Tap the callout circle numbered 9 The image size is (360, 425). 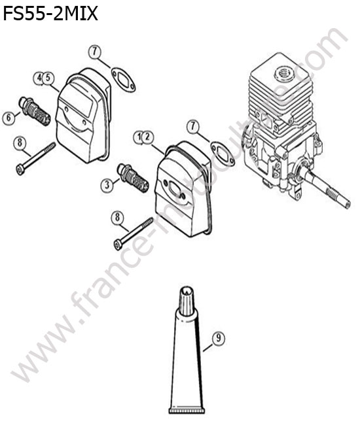[x=219, y=338]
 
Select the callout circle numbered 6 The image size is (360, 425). [x=9, y=118]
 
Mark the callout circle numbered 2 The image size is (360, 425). [x=147, y=137]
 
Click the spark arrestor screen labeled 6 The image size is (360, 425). [x=34, y=111]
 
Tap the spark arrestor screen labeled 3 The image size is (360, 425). [x=132, y=178]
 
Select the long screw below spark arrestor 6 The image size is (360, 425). [x=36, y=159]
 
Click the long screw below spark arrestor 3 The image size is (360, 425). [x=134, y=234]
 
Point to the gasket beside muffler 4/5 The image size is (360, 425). [x=124, y=80]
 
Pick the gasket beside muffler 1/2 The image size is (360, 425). [x=223, y=154]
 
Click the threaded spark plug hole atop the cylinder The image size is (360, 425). [x=284, y=73]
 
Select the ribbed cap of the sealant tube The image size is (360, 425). [x=187, y=301]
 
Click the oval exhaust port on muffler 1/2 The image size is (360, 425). [x=175, y=188]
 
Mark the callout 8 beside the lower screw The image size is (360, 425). [x=117, y=218]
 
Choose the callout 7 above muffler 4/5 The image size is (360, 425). [x=95, y=52]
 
